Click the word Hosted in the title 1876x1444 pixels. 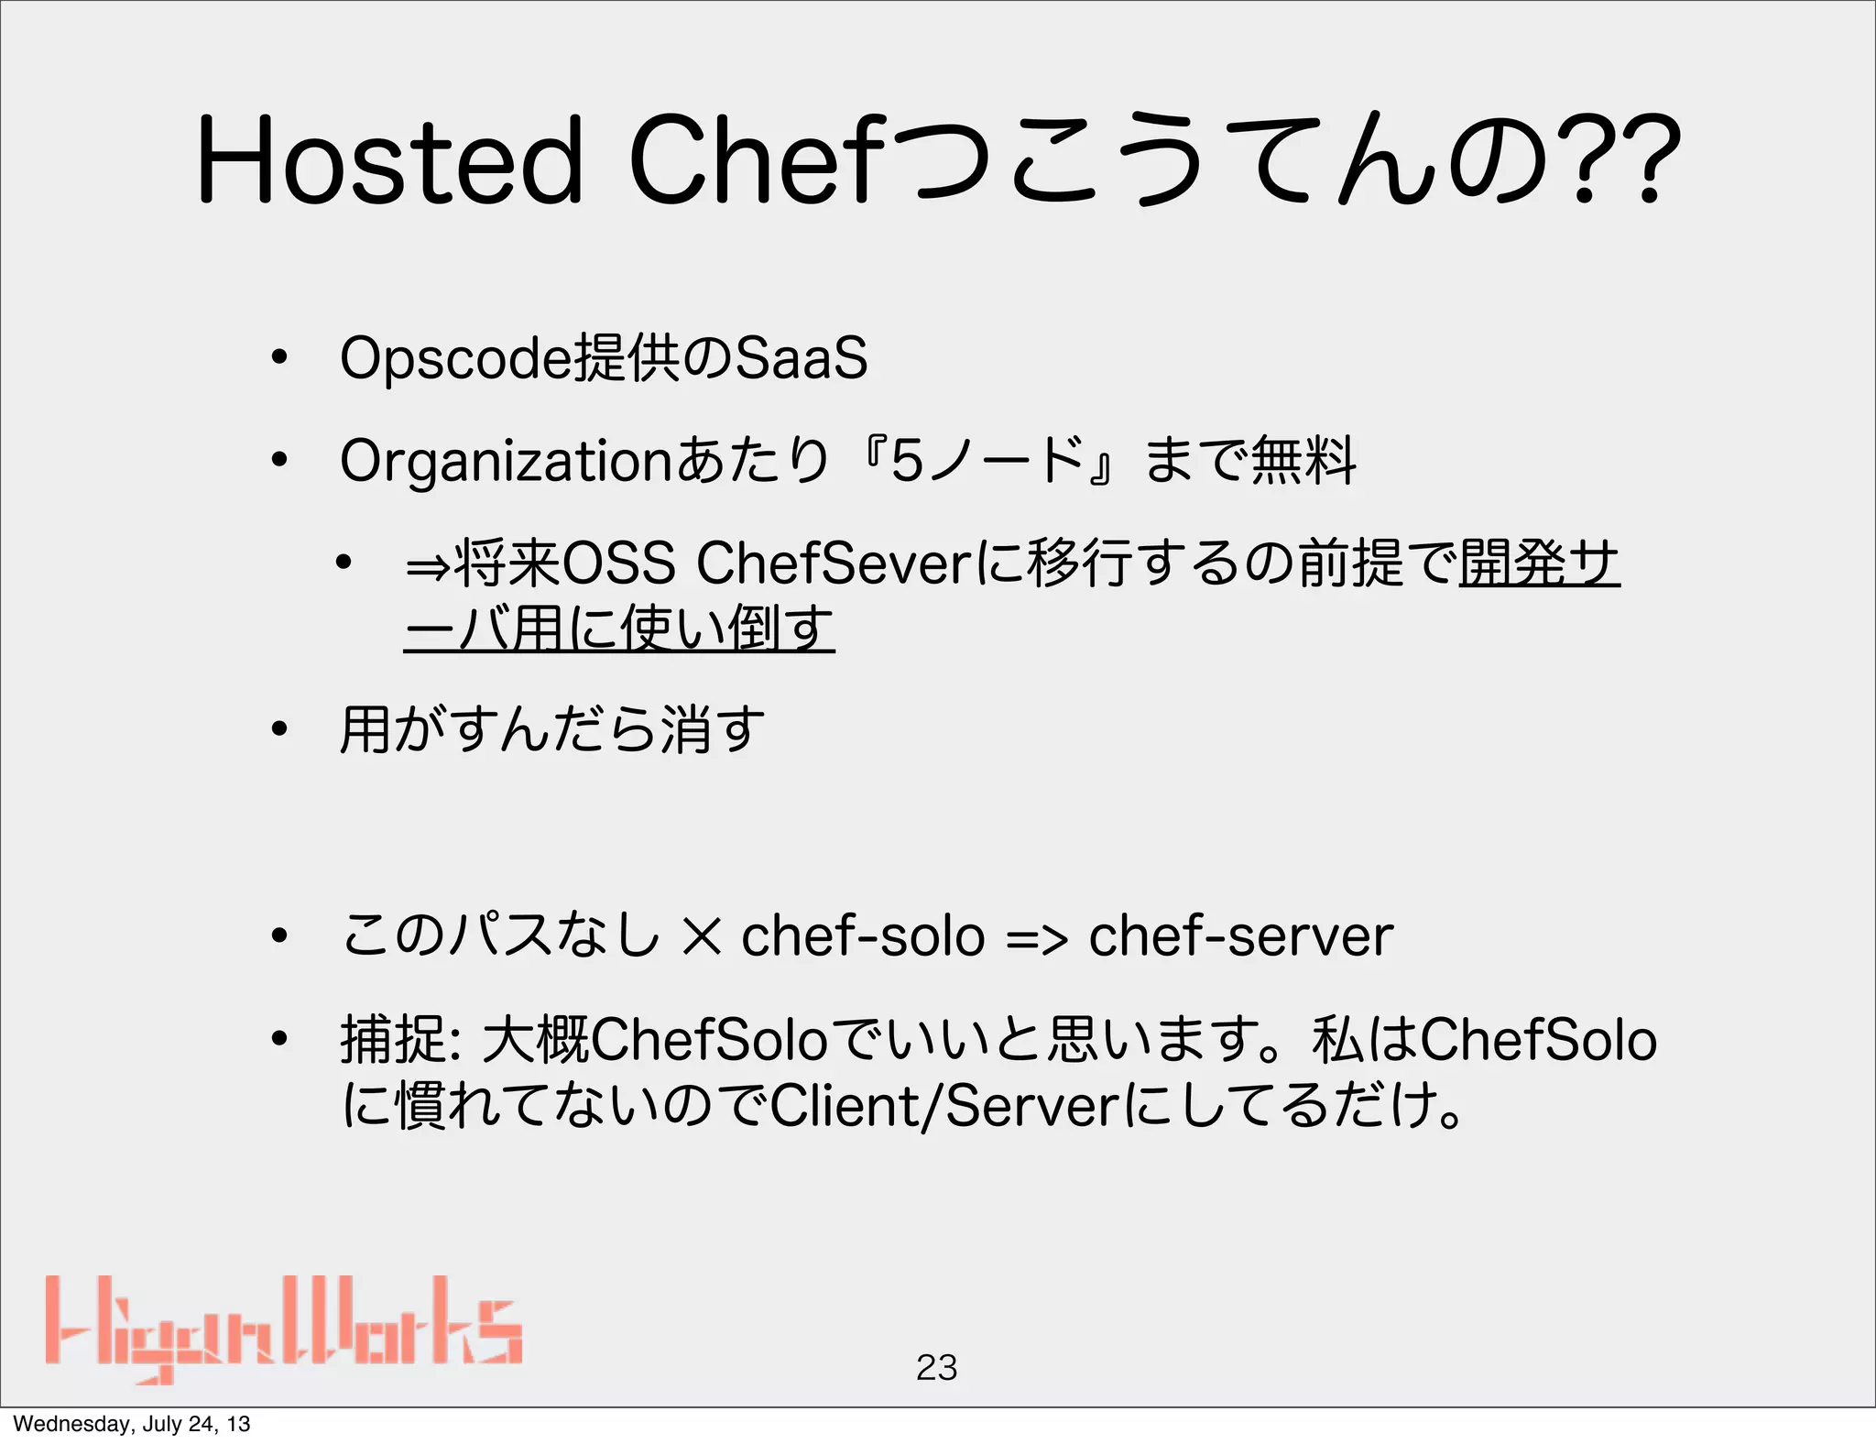388,160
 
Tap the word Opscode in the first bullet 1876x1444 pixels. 454,358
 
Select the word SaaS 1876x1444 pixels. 801,358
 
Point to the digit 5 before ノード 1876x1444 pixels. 906,461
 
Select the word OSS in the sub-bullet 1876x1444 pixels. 617,563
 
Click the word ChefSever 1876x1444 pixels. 833,563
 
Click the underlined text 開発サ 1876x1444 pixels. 1539,563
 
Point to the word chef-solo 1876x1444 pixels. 862,936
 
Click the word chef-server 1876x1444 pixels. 1240,936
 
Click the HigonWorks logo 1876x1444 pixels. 284,1329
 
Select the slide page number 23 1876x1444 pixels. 936,1367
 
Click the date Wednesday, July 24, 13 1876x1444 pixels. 131,1424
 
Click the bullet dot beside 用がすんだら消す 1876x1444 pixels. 279,730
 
